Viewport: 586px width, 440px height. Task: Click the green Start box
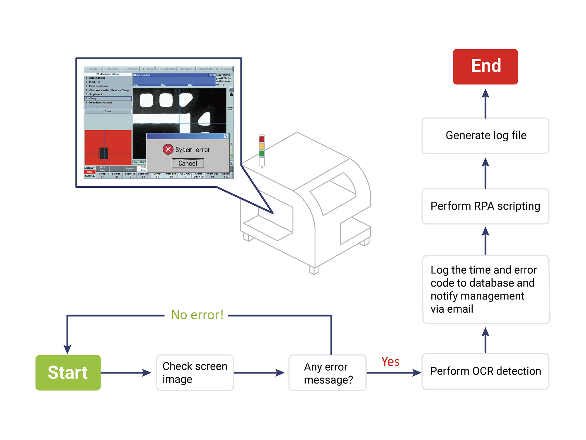(68, 373)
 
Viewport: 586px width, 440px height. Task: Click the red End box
(485, 67)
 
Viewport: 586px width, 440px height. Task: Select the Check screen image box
(195, 373)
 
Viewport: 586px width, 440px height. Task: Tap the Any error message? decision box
(327, 373)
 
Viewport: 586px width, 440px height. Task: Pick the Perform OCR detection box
(485, 371)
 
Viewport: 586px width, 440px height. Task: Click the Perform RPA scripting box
(485, 206)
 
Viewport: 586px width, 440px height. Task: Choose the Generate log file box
(485, 136)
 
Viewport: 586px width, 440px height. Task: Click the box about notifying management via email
(485, 290)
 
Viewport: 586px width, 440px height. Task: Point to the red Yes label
(390, 362)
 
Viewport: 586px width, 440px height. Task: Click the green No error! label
(197, 315)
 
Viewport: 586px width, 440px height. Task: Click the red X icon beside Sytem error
(168, 149)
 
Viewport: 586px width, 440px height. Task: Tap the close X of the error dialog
(226, 136)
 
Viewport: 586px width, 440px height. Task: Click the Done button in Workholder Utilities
(108, 111)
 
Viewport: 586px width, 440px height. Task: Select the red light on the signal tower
(262, 139)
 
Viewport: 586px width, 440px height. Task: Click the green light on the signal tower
(262, 153)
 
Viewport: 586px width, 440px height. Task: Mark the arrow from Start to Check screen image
(126, 373)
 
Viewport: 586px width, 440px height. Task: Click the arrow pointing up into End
(485, 103)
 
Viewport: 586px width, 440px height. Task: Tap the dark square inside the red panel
(104, 153)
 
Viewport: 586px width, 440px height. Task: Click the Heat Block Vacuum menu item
(100, 103)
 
